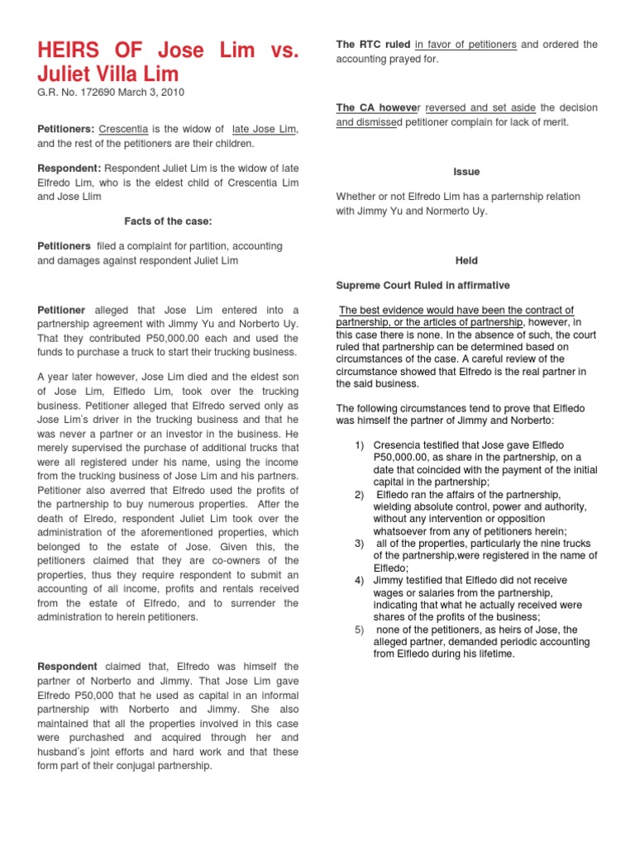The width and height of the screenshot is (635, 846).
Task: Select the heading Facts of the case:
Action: click(167, 221)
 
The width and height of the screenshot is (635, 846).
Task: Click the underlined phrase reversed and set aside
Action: click(480, 108)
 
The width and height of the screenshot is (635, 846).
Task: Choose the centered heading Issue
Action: click(466, 172)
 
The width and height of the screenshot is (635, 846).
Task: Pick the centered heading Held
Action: click(466, 260)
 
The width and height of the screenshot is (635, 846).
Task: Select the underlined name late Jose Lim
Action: click(265, 130)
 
